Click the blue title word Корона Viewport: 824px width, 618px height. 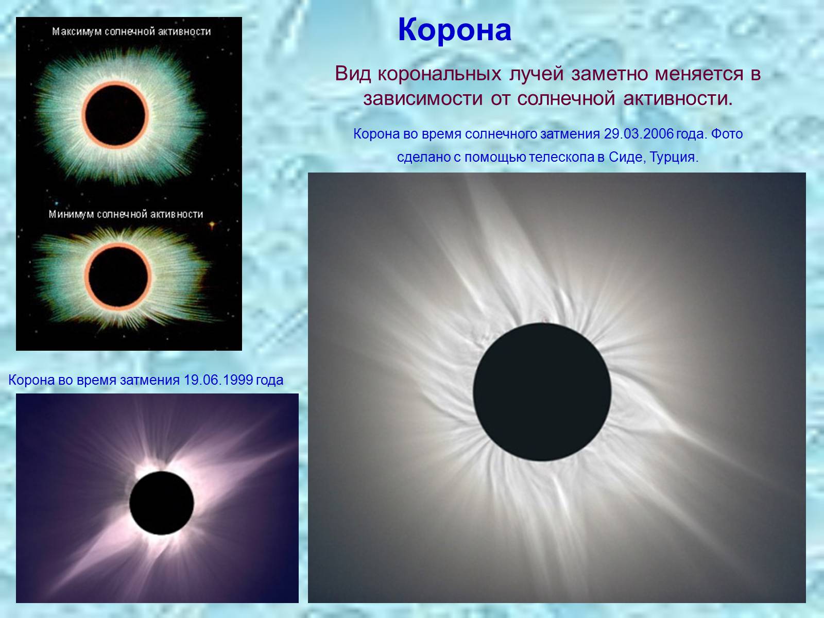pyautogui.click(x=455, y=30)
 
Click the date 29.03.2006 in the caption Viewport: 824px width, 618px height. pyautogui.click(x=639, y=134)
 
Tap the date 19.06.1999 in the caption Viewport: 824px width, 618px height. pyautogui.click(x=218, y=380)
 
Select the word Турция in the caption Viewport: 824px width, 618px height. pyautogui.click(x=674, y=157)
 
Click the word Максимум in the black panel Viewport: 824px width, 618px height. pyautogui.click(x=77, y=32)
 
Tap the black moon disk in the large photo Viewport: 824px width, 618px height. pyautogui.click(x=542, y=392)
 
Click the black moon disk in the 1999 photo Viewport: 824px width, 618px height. pyautogui.click(x=162, y=503)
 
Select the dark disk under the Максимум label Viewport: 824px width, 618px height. pyautogui.click(x=115, y=115)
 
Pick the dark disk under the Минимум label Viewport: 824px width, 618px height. pyautogui.click(x=118, y=277)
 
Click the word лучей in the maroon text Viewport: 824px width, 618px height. pyautogui.click(x=537, y=75)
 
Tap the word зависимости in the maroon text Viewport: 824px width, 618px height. pyautogui.click(x=423, y=99)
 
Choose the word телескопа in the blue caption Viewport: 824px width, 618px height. pyautogui.click(x=561, y=158)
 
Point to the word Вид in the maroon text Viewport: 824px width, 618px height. pyautogui.click(x=353, y=74)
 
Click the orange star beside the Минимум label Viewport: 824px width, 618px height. pyautogui.click(x=212, y=225)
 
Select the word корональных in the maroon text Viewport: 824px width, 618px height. pyautogui.click(x=439, y=74)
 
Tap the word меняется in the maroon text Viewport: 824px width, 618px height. pyautogui.click(x=699, y=74)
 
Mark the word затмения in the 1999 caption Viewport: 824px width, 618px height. pyautogui.click(x=150, y=381)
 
